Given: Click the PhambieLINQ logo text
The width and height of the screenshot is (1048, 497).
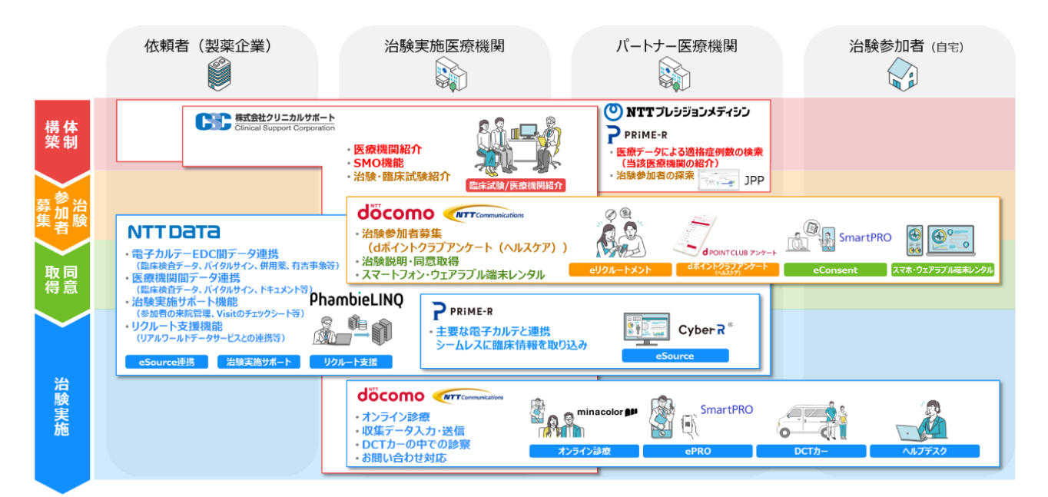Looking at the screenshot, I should pyautogui.click(x=356, y=301).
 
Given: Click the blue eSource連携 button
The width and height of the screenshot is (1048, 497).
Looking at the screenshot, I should pyautogui.click(x=167, y=362).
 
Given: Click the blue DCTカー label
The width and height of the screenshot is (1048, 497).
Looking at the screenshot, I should pyautogui.click(x=811, y=451).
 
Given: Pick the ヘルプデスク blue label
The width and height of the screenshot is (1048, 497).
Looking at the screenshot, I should pyautogui.click(x=925, y=451).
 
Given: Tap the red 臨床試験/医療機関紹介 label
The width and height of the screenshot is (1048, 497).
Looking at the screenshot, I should pyautogui.click(x=516, y=185).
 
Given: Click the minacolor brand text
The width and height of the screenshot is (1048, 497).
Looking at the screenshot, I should pyautogui.click(x=607, y=412).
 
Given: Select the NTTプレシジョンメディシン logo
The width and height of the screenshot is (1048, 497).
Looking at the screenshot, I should pyautogui.click(x=677, y=111).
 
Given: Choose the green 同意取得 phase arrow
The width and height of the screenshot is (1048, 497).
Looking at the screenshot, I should pyautogui.click(x=62, y=279).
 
